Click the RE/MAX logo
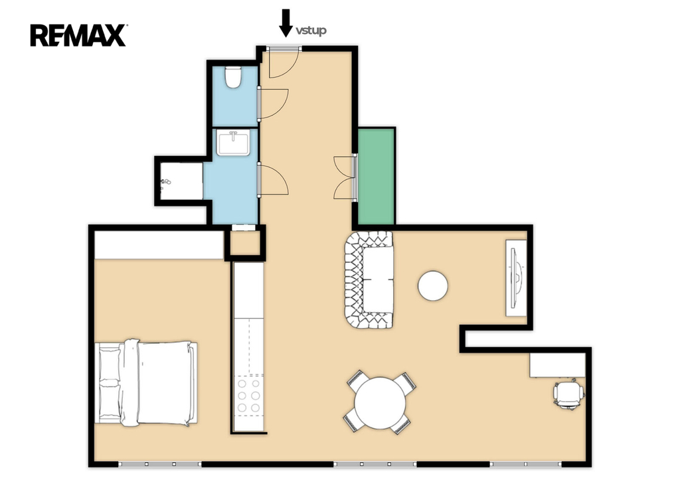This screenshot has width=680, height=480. (x=78, y=35)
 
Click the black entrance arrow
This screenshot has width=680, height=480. (x=286, y=23)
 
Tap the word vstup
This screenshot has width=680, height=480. (x=311, y=31)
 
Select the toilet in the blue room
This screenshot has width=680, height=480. (x=233, y=77)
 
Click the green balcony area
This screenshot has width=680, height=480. (x=377, y=177)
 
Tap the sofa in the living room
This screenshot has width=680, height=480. (x=369, y=280)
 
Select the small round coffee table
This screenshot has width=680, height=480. (x=433, y=285)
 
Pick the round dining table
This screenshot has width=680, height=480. (x=381, y=403)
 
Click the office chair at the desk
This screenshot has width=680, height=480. (x=568, y=394)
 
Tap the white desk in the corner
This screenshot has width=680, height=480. (x=557, y=365)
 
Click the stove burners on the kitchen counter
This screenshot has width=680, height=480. (x=249, y=395)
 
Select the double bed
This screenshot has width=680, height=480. (x=146, y=383)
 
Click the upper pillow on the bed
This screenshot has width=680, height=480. (x=110, y=363)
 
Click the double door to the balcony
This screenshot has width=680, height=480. (x=345, y=177)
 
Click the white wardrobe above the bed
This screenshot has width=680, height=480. (x=159, y=245)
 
